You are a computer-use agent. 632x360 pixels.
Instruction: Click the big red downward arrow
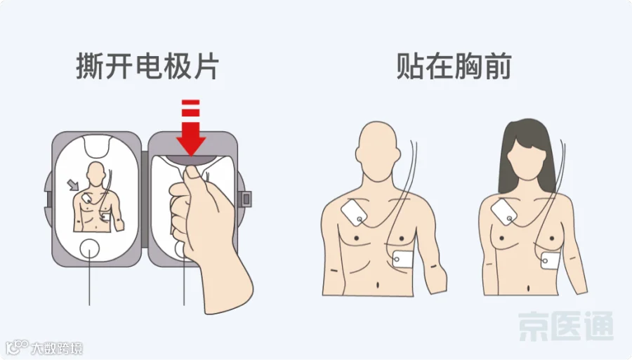coord(190,128)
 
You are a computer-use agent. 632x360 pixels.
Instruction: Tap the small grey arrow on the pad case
coord(73,185)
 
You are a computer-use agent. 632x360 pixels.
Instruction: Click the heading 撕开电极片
coord(147,67)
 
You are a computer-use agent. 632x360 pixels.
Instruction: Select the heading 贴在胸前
coord(454,67)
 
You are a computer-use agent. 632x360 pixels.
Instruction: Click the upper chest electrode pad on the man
coord(355,212)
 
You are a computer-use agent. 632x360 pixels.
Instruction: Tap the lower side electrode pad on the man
coord(403,260)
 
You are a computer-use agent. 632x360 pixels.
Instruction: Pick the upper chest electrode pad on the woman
coord(503,212)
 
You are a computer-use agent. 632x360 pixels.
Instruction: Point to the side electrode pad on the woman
coord(550,260)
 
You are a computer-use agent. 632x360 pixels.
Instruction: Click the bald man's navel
coord(378,285)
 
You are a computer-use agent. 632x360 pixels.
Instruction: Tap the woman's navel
coord(528,288)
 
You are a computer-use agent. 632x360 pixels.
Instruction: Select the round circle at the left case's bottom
coord(89,249)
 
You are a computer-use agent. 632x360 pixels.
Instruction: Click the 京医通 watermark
coord(565,326)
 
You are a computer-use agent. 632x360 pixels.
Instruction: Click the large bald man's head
coord(378,152)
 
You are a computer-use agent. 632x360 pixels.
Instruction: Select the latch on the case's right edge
coord(246,199)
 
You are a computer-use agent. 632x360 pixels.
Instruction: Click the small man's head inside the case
coord(96,174)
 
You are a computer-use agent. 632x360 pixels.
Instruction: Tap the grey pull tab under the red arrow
coord(190,160)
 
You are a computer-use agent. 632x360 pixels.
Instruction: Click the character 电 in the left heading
coord(147,67)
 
